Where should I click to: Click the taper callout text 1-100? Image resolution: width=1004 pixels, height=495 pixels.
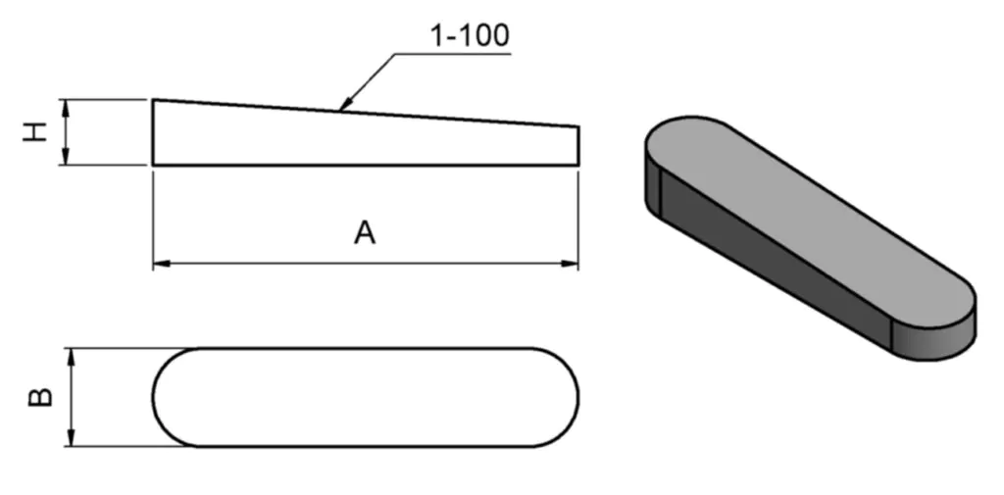pyautogui.click(x=470, y=36)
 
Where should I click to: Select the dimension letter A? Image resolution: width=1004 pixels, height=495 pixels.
pyautogui.click(x=365, y=233)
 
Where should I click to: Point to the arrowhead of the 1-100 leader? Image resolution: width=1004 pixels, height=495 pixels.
pyautogui.click(x=342, y=107)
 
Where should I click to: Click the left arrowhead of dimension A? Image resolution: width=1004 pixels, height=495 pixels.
pyautogui.click(x=160, y=263)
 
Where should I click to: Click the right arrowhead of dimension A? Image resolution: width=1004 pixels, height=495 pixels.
pyautogui.click(x=572, y=263)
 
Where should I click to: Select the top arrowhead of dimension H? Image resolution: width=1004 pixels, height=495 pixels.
pyautogui.click(x=66, y=106)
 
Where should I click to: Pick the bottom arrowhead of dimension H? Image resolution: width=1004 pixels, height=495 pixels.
pyautogui.click(x=66, y=158)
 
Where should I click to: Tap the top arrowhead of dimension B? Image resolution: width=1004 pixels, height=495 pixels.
pyautogui.click(x=72, y=355)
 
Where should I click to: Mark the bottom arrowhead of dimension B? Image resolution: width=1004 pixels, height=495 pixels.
pyautogui.click(x=72, y=440)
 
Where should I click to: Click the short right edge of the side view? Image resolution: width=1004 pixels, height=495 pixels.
pyautogui.click(x=577, y=144)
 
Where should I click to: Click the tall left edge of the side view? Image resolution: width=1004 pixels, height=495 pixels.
pyautogui.click(x=153, y=132)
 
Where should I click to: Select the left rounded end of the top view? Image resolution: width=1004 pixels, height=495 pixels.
pyautogui.click(x=156, y=397)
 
